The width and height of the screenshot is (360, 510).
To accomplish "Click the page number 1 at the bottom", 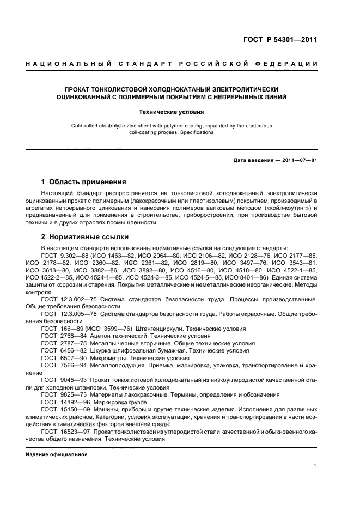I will [x=315, y=466].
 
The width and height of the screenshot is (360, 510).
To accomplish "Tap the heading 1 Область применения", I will [x=84, y=182].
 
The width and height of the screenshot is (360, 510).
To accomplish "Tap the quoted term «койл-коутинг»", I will [x=286, y=208].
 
